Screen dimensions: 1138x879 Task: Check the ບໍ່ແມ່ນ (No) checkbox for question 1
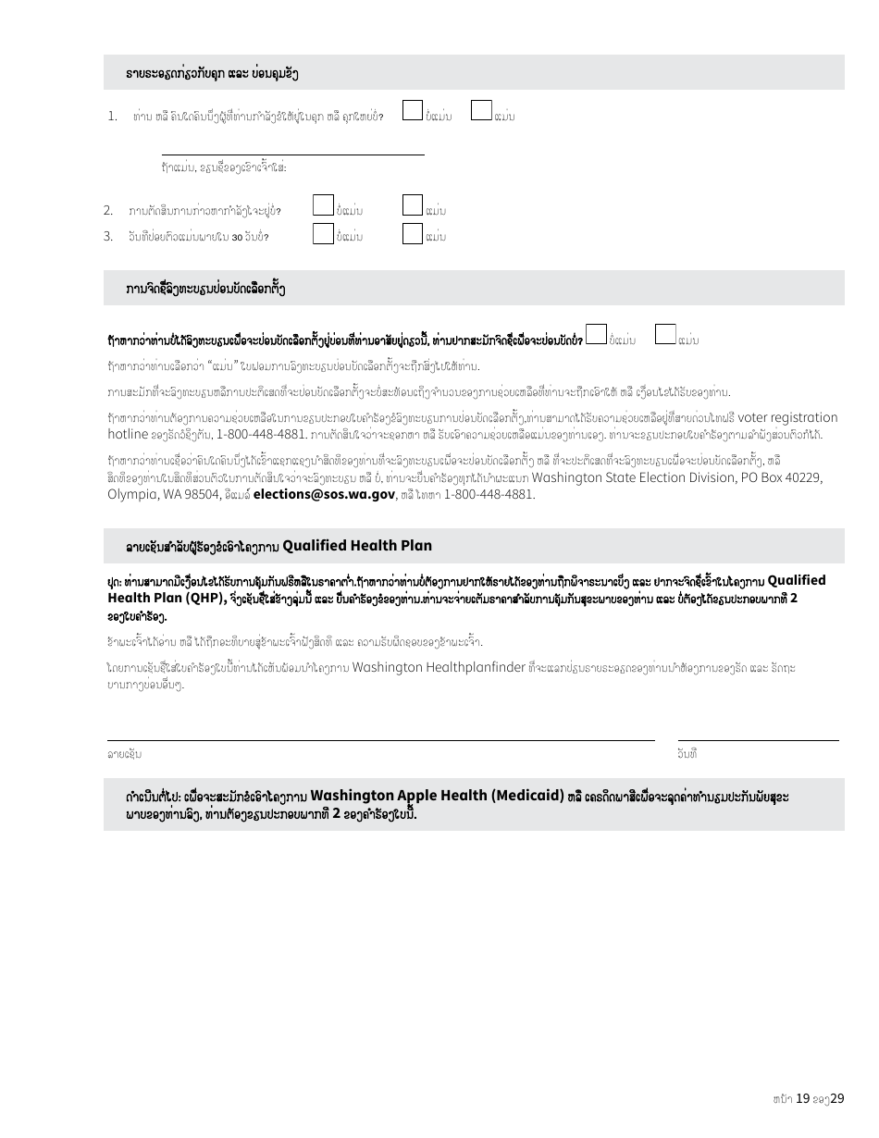[x=413, y=111]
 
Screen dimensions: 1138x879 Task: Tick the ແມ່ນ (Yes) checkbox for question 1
[x=481, y=111]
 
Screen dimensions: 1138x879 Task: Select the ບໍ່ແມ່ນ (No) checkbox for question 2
[x=323, y=205]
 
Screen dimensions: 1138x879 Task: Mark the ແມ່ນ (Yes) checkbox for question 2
[x=413, y=205]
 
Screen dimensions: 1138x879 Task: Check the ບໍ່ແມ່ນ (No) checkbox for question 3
[x=323, y=234]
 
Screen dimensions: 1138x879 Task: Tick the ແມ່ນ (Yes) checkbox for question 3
[x=413, y=234]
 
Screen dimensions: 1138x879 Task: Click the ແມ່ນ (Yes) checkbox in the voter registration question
[x=665, y=335]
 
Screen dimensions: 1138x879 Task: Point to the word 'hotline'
[x=128, y=434]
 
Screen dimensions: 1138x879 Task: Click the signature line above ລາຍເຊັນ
[x=380, y=739]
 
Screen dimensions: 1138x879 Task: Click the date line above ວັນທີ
[x=758, y=739]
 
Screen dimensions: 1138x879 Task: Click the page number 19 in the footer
[x=803, y=1098]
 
